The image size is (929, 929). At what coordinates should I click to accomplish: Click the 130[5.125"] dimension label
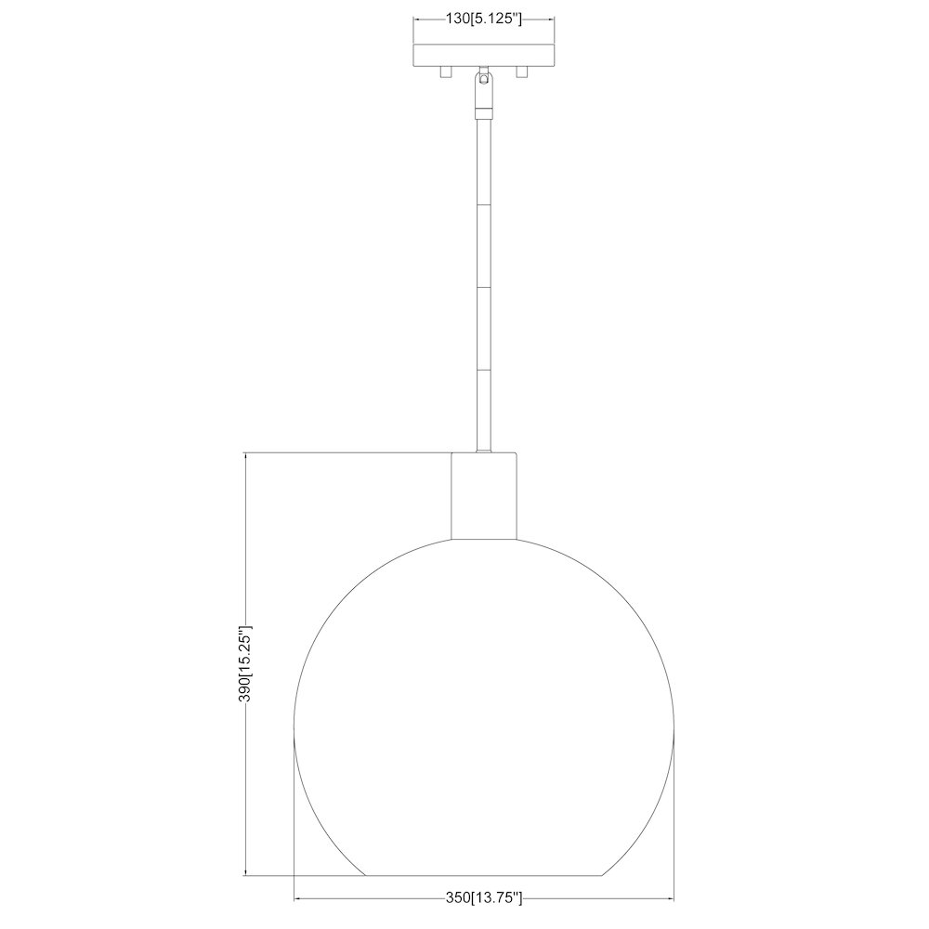pos(483,18)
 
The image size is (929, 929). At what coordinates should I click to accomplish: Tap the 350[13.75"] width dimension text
pos(483,898)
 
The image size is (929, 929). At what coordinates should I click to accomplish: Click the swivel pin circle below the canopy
pos(483,80)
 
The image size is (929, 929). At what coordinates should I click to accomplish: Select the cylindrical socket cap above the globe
pos(483,495)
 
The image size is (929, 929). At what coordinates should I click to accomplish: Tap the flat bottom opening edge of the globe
pos(483,875)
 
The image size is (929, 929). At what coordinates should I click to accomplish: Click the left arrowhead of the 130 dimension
pos(417,18)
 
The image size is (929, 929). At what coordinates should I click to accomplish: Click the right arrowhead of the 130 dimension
pos(553,18)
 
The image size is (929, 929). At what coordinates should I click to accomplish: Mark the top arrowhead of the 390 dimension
pos(246,456)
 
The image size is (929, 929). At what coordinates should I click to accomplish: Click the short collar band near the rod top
pos(483,111)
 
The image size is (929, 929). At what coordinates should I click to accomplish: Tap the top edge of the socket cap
pos(483,453)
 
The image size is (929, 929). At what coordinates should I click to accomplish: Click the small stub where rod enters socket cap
pos(483,450)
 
